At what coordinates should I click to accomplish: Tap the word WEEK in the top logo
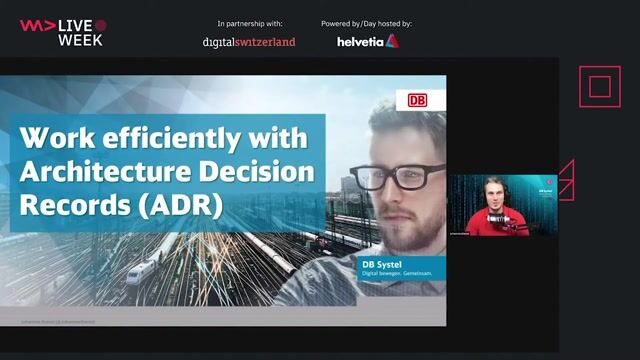pyautogui.click(x=80, y=40)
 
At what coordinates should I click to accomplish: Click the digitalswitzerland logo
pyautogui.click(x=249, y=42)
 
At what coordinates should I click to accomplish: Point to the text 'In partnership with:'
pyautogui.click(x=249, y=22)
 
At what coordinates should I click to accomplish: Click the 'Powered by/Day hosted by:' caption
pyautogui.click(x=367, y=22)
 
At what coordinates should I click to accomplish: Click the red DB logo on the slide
pyautogui.click(x=417, y=101)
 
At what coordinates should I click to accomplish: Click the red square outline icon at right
pyautogui.click(x=599, y=87)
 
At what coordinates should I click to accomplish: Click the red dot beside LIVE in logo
pyautogui.click(x=101, y=24)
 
